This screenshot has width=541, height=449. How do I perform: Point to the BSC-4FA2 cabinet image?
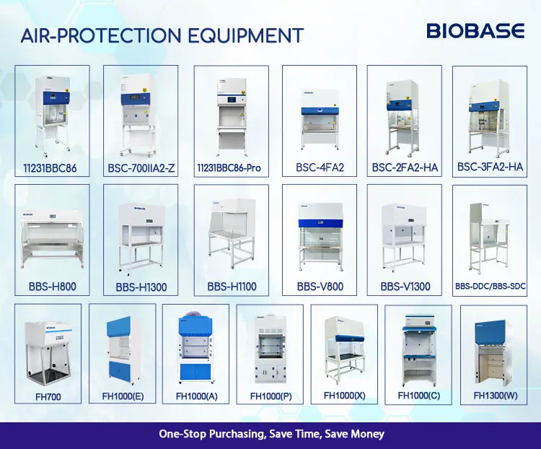(x=319, y=115)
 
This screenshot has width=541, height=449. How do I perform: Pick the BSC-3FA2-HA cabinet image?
(x=491, y=112)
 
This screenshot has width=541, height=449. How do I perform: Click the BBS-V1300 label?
(x=405, y=287)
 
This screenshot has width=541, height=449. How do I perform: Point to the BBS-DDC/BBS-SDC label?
(x=490, y=287)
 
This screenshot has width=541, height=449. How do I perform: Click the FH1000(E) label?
(x=119, y=396)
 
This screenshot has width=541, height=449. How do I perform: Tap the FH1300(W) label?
(x=495, y=396)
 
